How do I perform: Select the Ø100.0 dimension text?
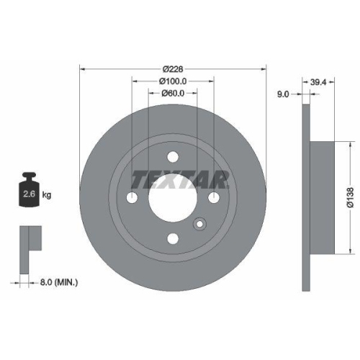[x=173, y=81]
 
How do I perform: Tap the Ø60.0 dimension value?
[x=173, y=94]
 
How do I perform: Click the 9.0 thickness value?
[x=283, y=94]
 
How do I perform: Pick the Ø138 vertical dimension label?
[x=349, y=195]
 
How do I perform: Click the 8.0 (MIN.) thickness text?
[x=60, y=282]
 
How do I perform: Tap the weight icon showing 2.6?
[x=30, y=190]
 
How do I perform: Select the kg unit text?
[x=47, y=195]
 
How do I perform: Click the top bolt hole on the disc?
[x=172, y=157]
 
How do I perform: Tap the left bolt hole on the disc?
[x=132, y=198]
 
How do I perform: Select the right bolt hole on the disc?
[x=214, y=198]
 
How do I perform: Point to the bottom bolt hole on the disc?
[x=172, y=239]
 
